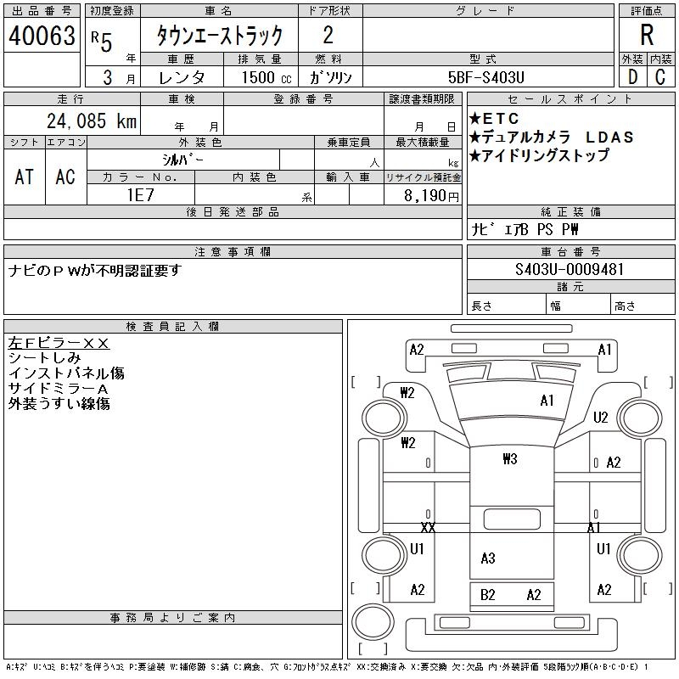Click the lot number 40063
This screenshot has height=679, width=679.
(42, 36)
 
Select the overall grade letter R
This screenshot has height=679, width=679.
(647, 36)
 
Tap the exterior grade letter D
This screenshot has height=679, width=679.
(631, 76)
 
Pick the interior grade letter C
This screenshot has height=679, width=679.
(659, 76)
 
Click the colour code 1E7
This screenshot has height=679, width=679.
(140, 194)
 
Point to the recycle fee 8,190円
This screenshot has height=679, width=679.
(432, 195)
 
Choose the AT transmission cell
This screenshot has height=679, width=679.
(25, 177)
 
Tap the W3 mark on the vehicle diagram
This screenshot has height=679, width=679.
(509, 459)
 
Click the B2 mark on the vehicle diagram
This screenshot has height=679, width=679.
(487, 595)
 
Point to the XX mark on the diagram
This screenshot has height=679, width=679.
(428, 527)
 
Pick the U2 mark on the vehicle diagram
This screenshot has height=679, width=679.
(601, 417)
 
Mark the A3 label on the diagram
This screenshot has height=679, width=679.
(487, 558)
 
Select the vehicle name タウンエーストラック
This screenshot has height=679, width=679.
(219, 36)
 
